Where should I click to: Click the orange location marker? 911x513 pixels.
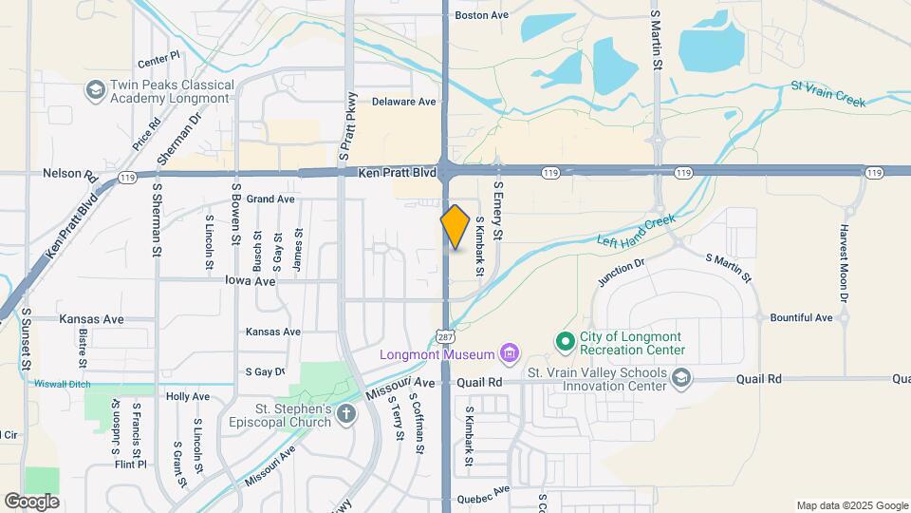[455, 227]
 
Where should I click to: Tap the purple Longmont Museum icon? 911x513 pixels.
[510, 355]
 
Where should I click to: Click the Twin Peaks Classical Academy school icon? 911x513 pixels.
[94, 90]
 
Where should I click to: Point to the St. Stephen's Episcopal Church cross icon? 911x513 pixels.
[346, 413]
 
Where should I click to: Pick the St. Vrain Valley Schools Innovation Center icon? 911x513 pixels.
[680, 379]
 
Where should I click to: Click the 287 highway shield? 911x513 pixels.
[446, 337]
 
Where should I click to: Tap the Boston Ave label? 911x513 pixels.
[482, 15]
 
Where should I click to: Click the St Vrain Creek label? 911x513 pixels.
[828, 93]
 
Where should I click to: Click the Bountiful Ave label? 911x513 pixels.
[801, 317]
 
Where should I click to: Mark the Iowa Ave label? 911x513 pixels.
[251, 281]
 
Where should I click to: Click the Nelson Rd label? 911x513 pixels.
[70, 175]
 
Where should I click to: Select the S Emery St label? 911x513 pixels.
[496, 212]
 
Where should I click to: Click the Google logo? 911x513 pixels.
[31, 501]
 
